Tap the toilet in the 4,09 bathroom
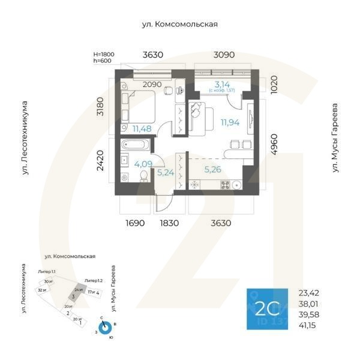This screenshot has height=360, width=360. coord(143,175)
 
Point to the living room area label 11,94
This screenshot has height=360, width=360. coord(230,122)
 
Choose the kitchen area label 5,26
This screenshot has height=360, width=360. coord(212,169)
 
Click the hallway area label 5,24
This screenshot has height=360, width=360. coord(165,173)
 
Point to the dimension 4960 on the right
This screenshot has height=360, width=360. coord(274,145)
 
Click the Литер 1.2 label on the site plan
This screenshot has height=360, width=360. coord(94,280)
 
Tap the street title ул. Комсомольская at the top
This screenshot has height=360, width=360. coord(179,24)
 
